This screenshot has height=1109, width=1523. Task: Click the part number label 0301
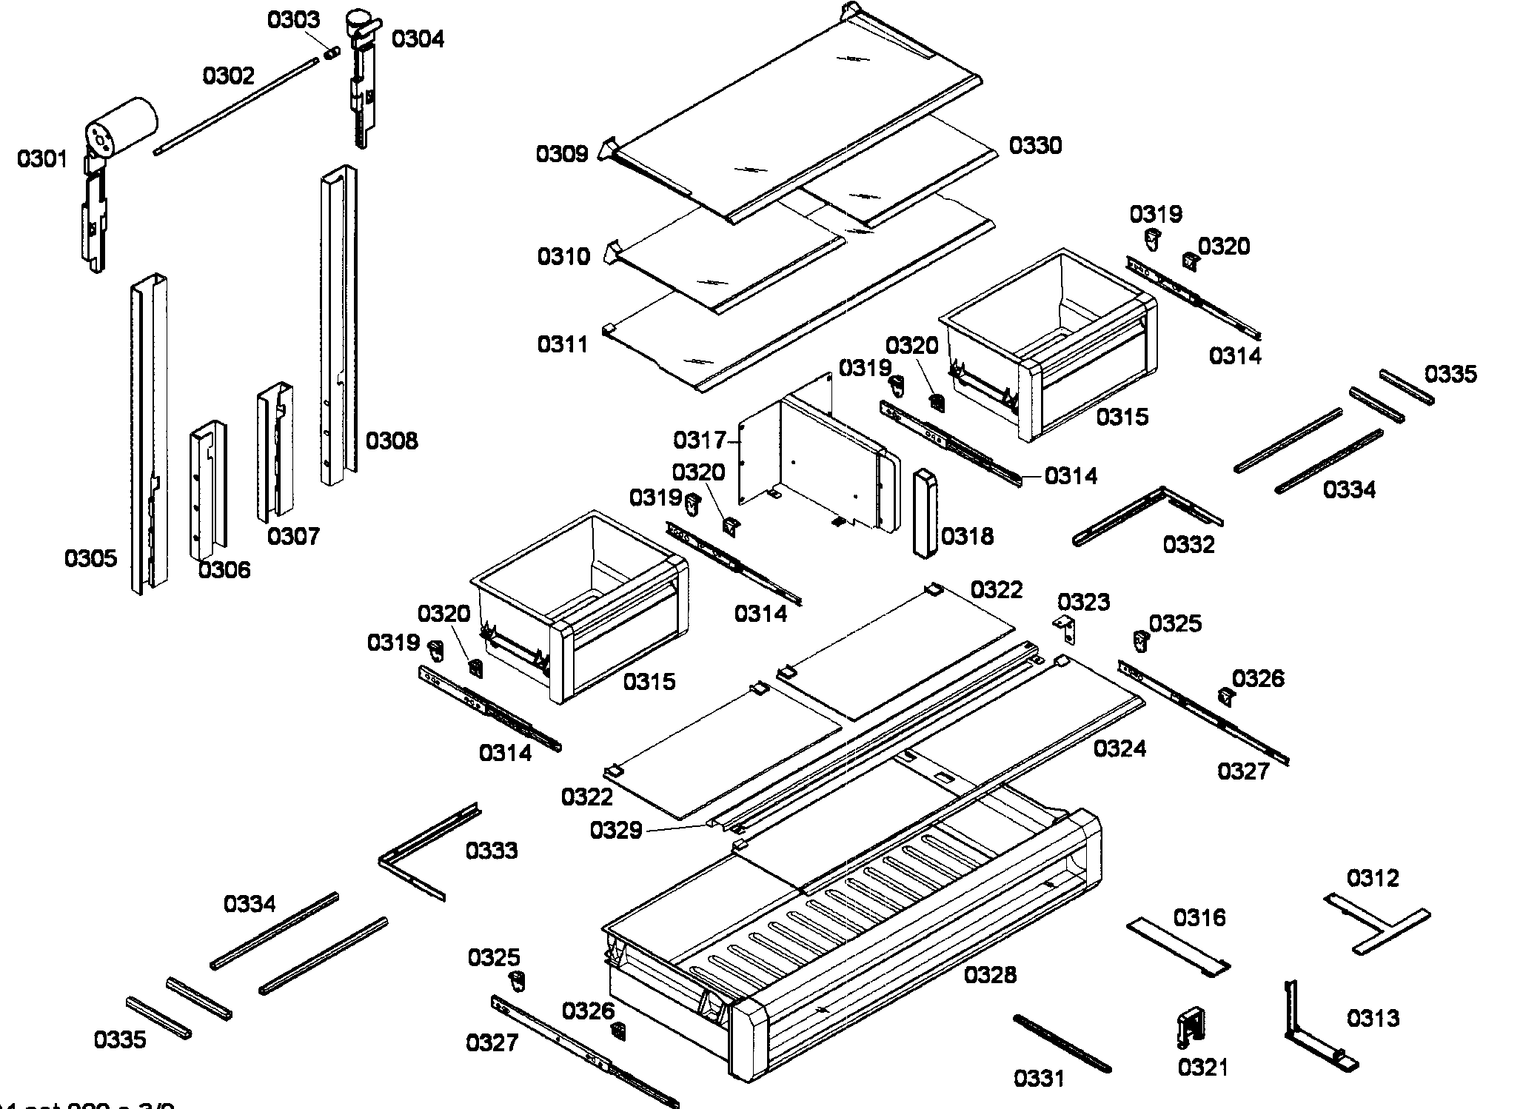click(x=42, y=159)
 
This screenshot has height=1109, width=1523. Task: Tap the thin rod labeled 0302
click(x=234, y=108)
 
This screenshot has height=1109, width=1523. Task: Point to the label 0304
click(x=418, y=38)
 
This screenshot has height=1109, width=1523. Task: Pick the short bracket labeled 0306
click(x=208, y=489)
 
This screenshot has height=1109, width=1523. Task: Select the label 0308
click(x=392, y=441)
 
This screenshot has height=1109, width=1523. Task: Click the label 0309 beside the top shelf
click(x=562, y=154)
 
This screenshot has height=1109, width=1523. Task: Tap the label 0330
click(x=1035, y=145)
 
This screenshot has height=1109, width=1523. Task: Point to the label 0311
click(x=563, y=344)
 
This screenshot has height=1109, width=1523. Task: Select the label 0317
click(x=699, y=440)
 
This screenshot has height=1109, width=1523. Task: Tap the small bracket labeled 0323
click(x=1065, y=629)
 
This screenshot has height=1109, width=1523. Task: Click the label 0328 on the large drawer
click(x=990, y=975)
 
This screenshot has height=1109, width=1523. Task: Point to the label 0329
click(x=615, y=831)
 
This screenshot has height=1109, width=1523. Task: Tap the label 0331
click(x=1039, y=1079)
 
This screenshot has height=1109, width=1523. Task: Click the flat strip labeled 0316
click(x=1177, y=948)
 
